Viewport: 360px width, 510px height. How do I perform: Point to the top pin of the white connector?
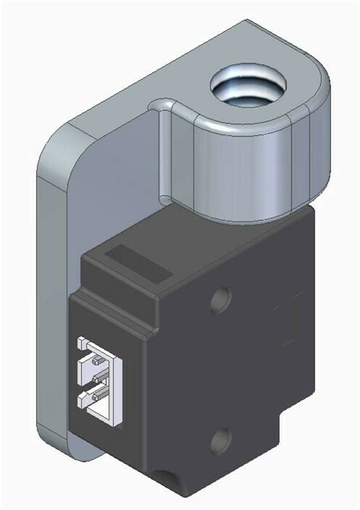(x=97, y=354)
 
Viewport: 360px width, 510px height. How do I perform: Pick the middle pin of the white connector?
(x=97, y=376)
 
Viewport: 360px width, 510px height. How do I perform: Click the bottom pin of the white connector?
(x=97, y=397)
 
